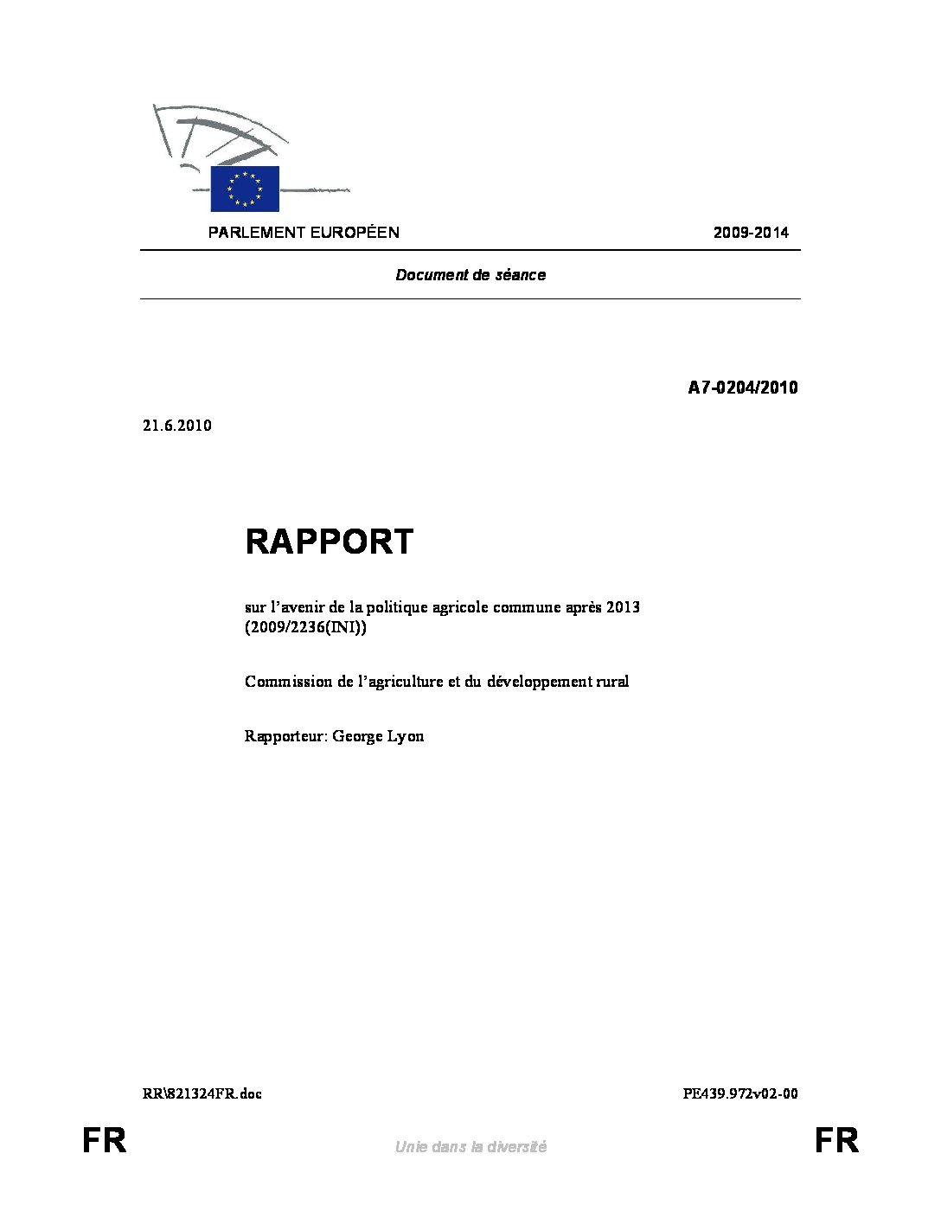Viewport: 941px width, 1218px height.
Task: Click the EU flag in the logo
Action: [x=245, y=189]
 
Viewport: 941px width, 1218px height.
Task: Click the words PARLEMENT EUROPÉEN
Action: [x=303, y=233]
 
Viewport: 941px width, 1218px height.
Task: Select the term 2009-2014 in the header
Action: [x=751, y=233]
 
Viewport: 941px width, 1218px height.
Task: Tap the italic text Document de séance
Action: [x=470, y=275]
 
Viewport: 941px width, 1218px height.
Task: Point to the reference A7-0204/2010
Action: [x=742, y=388]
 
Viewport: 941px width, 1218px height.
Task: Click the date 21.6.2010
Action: [x=176, y=426]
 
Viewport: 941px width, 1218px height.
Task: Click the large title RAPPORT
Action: [x=330, y=542]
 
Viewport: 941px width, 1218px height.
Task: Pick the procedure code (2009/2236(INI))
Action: [x=306, y=628]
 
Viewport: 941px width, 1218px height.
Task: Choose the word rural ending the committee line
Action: [x=612, y=682]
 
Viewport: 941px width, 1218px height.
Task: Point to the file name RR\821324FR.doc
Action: [x=202, y=1093]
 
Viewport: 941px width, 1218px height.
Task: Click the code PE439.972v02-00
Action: [x=740, y=1093]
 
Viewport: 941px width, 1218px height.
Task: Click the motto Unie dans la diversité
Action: [x=470, y=1147]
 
